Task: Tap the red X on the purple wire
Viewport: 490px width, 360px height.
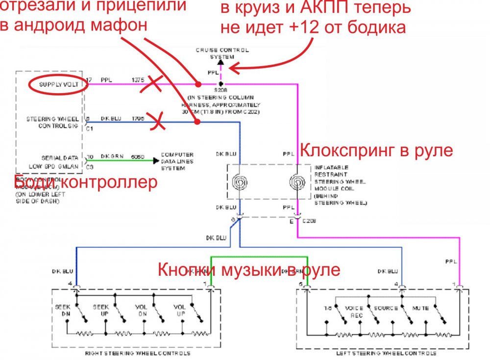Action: click(x=152, y=86)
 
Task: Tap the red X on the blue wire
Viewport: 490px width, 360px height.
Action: click(x=156, y=121)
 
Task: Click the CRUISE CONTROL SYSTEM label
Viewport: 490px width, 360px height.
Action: click(x=222, y=53)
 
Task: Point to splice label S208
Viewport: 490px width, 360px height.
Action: click(x=222, y=90)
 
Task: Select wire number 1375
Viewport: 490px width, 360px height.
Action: click(x=137, y=79)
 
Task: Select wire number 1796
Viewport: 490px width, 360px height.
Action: click(x=137, y=119)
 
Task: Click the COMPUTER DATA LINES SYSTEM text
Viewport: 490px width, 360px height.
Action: click(x=177, y=161)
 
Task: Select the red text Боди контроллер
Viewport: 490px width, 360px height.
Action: click(x=86, y=183)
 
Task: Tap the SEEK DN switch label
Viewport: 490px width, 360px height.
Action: click(x=62, y=310)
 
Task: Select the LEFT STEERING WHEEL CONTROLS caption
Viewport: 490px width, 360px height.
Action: click(x=381, y=353)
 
